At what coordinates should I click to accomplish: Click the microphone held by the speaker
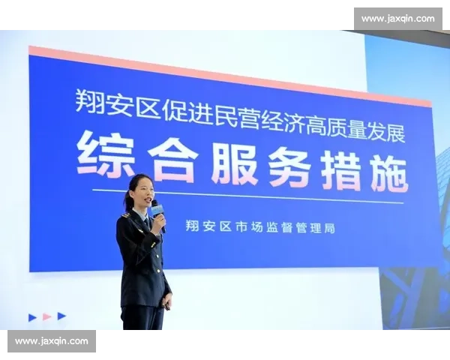coord(157,211)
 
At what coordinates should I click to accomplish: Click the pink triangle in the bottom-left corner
coord(46,316)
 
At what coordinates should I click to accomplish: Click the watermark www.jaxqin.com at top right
coord(397,19)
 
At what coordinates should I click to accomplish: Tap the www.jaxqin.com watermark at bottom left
coord(51,341)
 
